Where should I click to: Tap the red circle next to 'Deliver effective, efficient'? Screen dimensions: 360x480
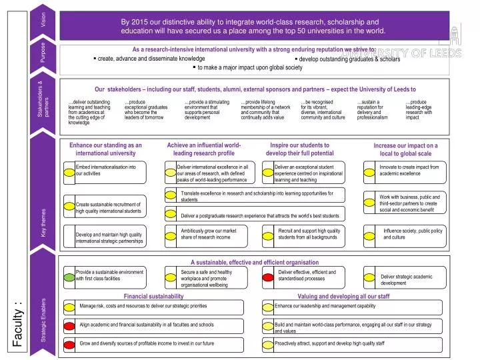[269, 277]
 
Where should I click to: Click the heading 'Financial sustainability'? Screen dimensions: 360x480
[154, 295]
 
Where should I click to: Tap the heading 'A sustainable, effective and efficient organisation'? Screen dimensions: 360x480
[255, 263]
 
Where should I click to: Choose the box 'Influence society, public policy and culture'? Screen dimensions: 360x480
[413, 234]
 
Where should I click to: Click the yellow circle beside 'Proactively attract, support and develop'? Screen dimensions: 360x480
[269, 344]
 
